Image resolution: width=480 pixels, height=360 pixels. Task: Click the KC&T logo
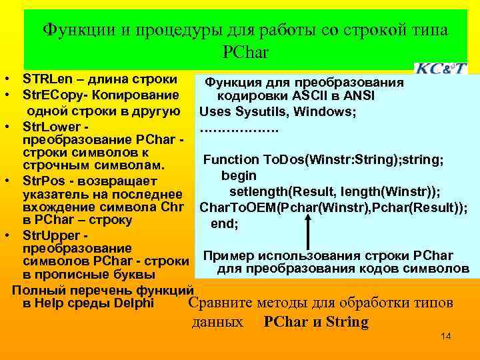tap(441, 68)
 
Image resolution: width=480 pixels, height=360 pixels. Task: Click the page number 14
tap(446, 337)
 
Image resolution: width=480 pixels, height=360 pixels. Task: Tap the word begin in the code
tap(239, 175)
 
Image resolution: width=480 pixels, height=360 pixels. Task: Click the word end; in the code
tap(225, 224)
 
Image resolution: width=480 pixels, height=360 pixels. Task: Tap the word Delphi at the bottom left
tap(134, 303)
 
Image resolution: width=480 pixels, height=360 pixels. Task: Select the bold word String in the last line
tap(343, 322)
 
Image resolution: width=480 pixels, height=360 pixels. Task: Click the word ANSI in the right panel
tap(359, 96)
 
